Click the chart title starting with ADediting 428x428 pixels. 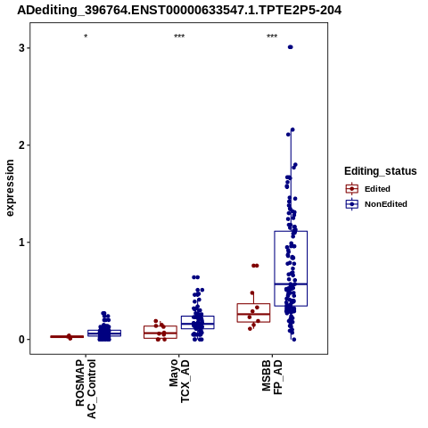click(179, 10)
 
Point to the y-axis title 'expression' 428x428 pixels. click(10, 188)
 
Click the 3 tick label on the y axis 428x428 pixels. click(21, 48)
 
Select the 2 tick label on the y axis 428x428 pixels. click(21, 145)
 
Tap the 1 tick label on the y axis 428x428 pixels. click(21, 243)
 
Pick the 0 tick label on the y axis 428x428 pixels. click(21, 340)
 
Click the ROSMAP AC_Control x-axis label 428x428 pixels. click(86, 389)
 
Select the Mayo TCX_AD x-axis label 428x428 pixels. click(179, 381)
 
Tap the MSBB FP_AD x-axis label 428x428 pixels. click(272, 377)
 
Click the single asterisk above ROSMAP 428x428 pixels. click(86, 37)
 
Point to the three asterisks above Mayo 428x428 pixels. click(179, 37)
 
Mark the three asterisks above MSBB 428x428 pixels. click(272, 37)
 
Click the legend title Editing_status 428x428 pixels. click(381, 171)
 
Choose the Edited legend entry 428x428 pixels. click(368, 189)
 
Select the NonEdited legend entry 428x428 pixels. click(376, 204)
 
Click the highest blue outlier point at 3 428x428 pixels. click(291, 47)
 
